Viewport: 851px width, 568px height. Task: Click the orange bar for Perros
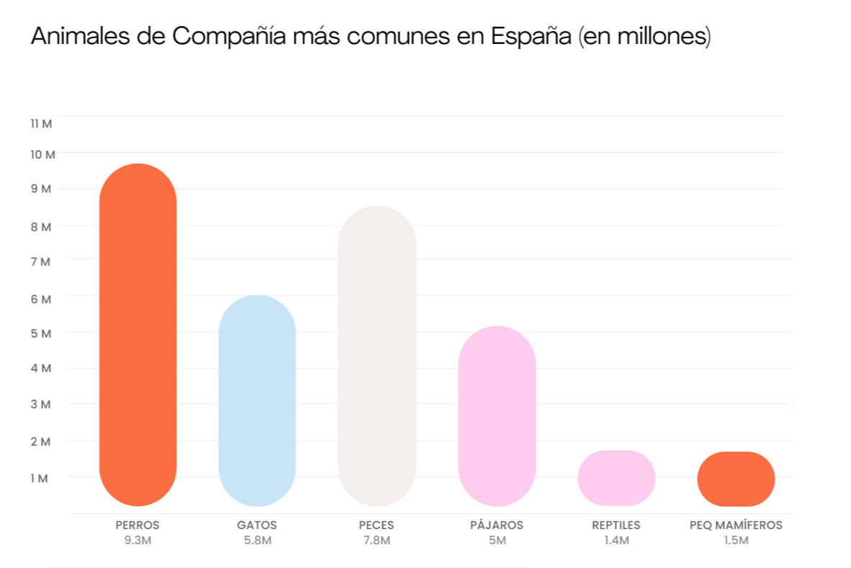pyautogui.click(x=138, y=334)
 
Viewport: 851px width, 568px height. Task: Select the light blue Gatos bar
pyautogui.click(x=257, y=400)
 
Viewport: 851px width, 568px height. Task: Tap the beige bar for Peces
pyautogui.click(x=377, y=356)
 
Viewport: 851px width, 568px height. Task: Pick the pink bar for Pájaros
pyautogui.click(x=497, y=416)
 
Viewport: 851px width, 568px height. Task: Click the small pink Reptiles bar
pyautogui.click(x=616, y=478)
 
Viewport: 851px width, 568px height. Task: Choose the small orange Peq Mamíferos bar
pyautogui.click(x=736, y=479)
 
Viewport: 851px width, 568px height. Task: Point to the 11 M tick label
pyautogui.click(x=42, y=124)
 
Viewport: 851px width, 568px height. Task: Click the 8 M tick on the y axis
pyautogui.click(x=42, y=227)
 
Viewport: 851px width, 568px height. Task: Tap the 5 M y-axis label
pyautogui.click(x=42, y=334)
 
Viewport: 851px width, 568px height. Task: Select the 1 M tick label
pyautogui.click(x=40, y=479)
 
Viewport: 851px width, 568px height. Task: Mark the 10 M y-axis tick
pyautogui.click(x=42, y=155)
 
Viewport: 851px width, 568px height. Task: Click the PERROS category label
pyautogui.click(x=138, y=525)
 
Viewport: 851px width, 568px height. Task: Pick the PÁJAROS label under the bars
pyautogui.click(x=497, y=525)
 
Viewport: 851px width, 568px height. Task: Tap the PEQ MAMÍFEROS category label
pyautogui.click(x=736, y=525)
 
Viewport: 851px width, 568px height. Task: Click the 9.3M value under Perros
pyautogui.click(x=138, y=541)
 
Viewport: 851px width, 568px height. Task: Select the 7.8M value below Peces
pyautogui.click(x=377, y=541)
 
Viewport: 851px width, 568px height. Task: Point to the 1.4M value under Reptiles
pyautogui.click(x=616, y=541)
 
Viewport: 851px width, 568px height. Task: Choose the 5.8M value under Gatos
pyautogui.click(x=257, y=541)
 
